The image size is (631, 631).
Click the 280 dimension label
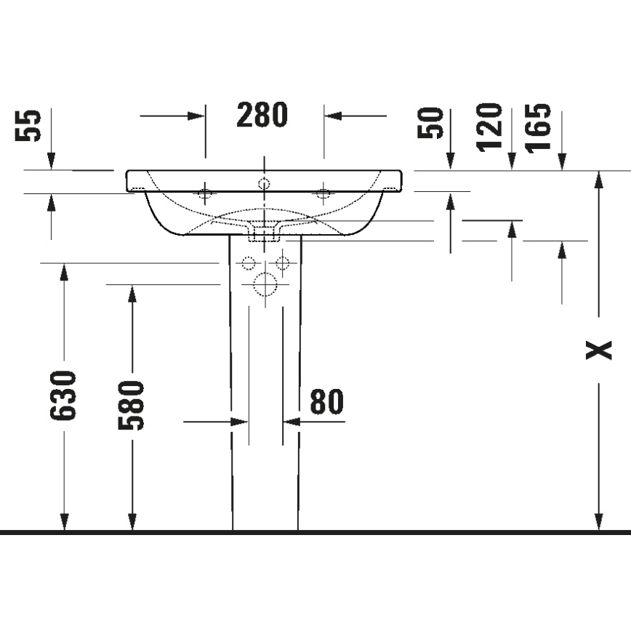[262, 115]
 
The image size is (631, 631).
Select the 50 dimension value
[431, 122]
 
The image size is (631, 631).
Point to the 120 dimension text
[490, 125]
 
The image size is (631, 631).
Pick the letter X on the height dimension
[599, 351]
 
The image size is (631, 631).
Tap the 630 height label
[63, 395]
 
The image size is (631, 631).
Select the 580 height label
[132, 404]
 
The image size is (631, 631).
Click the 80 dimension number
[326, 401]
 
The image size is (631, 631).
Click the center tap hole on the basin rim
[265, 182]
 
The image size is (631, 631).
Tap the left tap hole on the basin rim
[205, 193]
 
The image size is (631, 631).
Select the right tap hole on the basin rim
[323, 193]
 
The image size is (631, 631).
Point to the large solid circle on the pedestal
[266, 284]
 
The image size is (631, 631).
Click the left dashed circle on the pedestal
[249, 263]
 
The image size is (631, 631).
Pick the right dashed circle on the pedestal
[283, 263]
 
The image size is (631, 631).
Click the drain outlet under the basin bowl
[265, 233]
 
